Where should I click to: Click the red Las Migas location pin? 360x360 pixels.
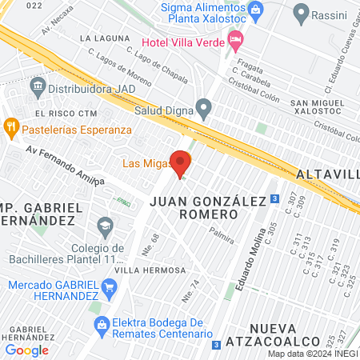point(180,164)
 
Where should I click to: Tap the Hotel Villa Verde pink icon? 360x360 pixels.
point(235,39)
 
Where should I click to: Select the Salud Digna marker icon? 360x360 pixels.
point(204,107)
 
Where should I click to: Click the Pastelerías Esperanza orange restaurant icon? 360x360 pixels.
point(10,126)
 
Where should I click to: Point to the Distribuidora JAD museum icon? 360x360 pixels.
point(37,84)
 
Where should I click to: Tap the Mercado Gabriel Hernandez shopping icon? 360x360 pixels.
point(107,286)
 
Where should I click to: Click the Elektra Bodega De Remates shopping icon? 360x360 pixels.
point(102,323)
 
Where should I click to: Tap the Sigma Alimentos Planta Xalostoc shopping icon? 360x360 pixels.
point(256,9)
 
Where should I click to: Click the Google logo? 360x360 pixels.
point(27,350)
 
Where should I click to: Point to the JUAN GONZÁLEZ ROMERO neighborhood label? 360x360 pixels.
point(206,208)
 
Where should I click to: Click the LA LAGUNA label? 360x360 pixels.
point(105,38)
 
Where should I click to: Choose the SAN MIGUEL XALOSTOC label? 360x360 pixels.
point(319,108)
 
